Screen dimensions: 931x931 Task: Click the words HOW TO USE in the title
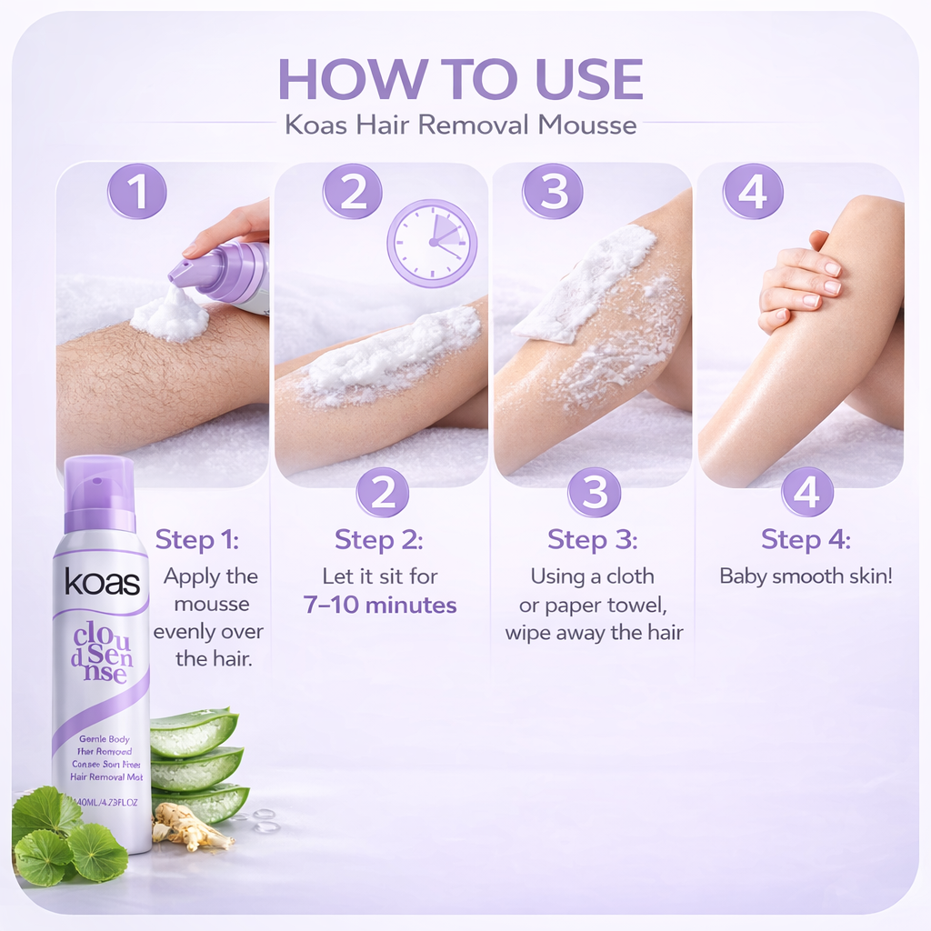(460, 79)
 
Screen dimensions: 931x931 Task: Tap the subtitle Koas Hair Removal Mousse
(460, 125)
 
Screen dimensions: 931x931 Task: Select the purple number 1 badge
(137, 193)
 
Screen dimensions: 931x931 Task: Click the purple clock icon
(432, 243)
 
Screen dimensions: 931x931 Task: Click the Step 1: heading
(196, 539)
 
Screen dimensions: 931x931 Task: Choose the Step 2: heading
(378, 539)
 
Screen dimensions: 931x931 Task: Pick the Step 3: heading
(592, 539)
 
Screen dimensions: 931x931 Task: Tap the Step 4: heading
(806, 539)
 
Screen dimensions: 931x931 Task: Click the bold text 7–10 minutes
(380, 606)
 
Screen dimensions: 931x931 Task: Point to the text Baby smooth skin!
(806, 576)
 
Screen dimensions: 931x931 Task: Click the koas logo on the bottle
(102, 583)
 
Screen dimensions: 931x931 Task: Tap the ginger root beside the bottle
(191, 826)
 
